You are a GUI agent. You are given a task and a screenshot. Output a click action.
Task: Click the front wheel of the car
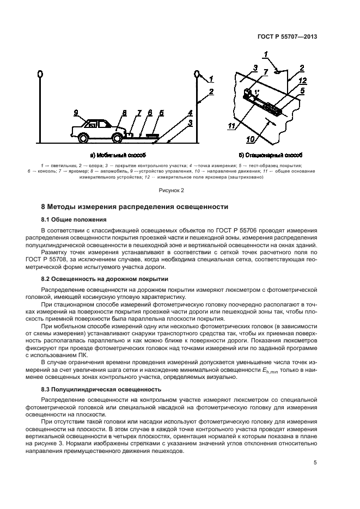pos(116,138)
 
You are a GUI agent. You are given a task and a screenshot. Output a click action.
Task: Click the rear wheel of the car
pos(83,138)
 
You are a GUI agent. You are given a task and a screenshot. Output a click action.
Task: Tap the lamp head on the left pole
pos(40,73)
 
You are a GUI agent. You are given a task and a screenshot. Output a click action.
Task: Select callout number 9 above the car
pos(76,113)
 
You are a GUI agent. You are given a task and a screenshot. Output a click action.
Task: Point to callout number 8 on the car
pos(124,113)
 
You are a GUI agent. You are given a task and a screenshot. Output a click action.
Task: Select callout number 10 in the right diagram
pos(250,139)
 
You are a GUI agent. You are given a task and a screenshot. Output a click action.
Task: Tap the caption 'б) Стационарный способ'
pos(270,155)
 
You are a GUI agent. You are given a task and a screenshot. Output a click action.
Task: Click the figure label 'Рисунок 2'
pos(172,190)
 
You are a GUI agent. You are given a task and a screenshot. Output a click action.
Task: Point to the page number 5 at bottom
pos(315,463)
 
